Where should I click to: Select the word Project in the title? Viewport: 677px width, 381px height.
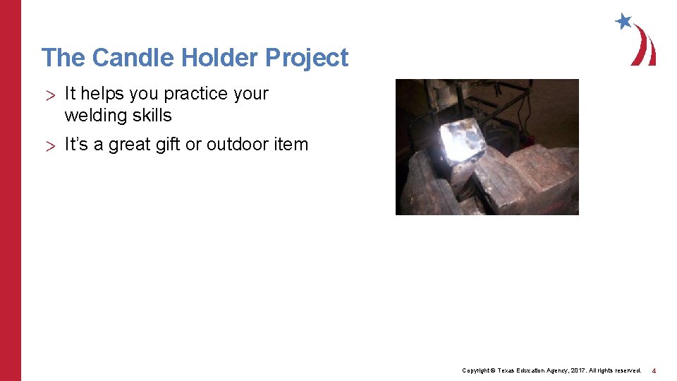tap(307, 58)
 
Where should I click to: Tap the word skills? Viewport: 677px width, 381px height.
tap(152, 115)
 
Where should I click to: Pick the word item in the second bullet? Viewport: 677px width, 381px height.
tap(291, 145)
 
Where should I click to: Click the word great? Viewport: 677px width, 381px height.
tap(123, 145)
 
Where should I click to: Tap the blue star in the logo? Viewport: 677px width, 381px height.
tap(623, 21)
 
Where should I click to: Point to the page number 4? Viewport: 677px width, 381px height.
tap(654, 370)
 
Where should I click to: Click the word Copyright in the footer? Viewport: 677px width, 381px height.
tap(475, 370)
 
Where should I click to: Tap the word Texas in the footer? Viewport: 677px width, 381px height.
tap(508, 370)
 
